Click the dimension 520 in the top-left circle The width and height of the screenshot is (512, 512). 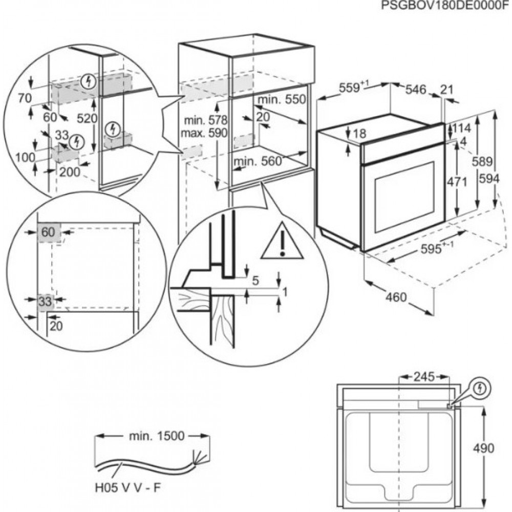88,118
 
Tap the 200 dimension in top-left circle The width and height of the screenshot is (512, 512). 70,172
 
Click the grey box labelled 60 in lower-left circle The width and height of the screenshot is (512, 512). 49,232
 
